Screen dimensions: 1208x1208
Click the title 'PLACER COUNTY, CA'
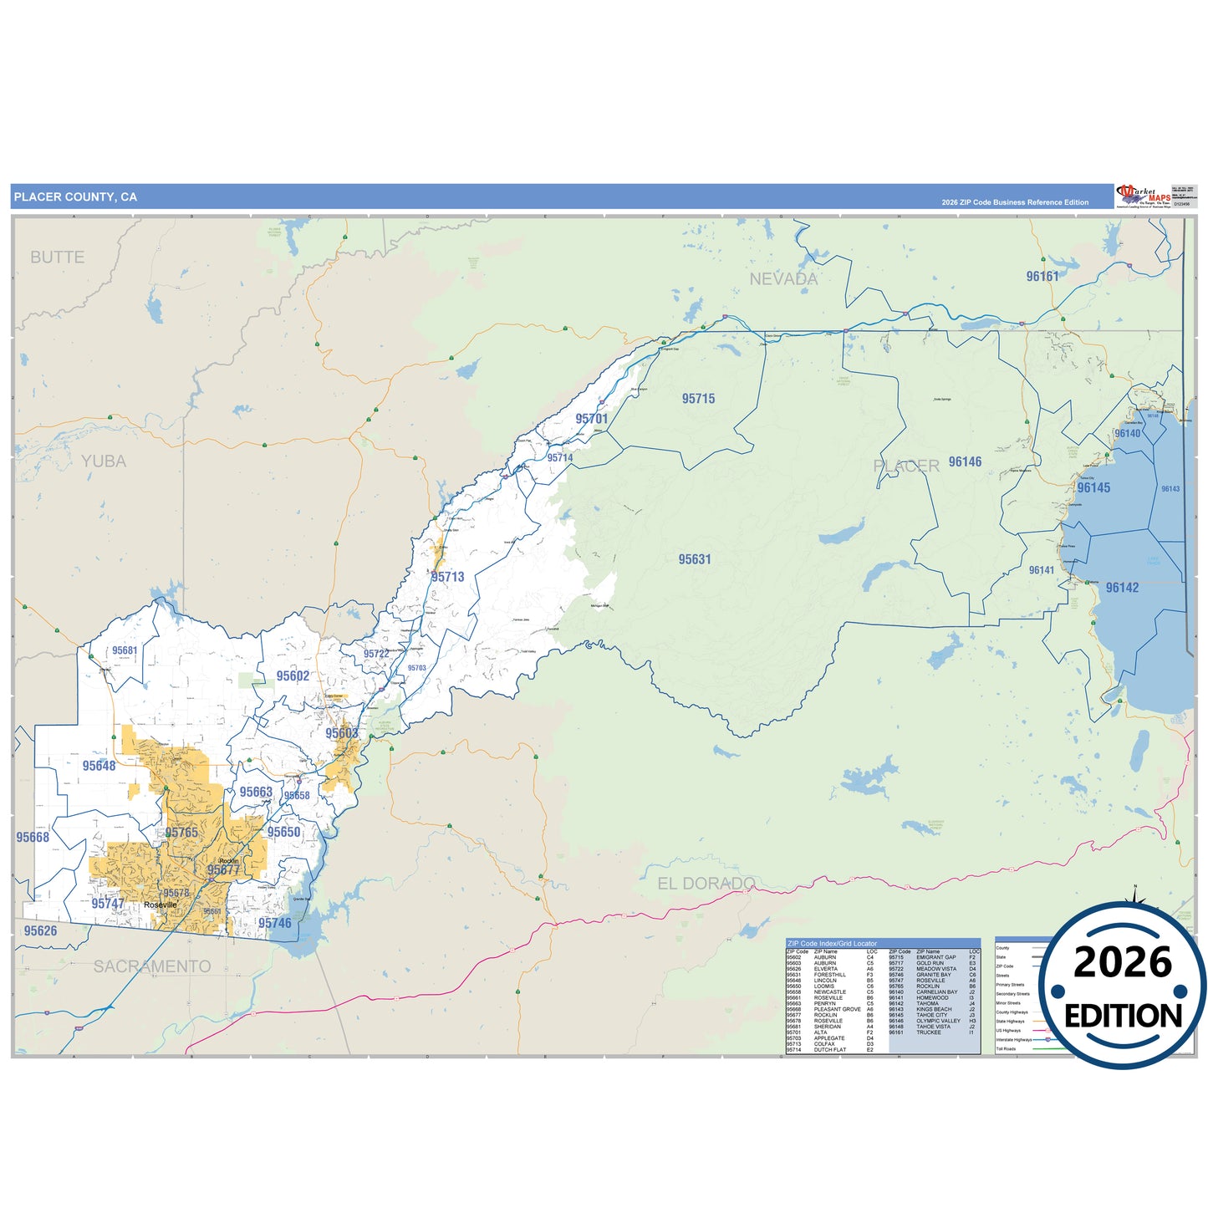75,197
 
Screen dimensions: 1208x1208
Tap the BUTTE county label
58,257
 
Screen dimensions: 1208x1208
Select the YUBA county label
104,461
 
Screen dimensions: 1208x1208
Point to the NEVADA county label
783,279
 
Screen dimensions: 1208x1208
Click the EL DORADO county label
706,884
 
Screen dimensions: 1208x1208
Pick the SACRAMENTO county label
152,966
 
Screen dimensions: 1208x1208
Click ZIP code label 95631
695,559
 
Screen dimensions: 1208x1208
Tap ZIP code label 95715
698,399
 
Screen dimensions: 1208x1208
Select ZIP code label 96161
1042,277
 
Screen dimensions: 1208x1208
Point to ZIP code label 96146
965,462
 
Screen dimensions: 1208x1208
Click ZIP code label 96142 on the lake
1122,588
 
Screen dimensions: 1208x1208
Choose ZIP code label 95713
448,577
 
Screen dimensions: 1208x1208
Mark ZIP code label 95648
99,766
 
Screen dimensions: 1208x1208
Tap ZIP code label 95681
125,650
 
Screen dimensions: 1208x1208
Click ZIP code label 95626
40,930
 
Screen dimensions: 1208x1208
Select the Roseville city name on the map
161,905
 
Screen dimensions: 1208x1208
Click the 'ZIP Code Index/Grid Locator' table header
833,943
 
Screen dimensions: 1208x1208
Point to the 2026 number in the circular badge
1123,962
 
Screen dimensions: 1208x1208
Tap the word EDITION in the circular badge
1123,1016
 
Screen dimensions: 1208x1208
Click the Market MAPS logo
1144,196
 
